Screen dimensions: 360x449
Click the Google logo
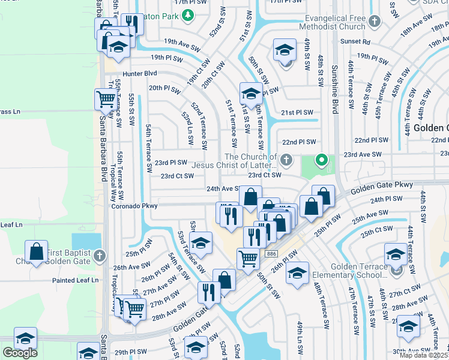click(x=20, y=353)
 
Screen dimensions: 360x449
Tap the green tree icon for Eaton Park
click(x=188, y=14)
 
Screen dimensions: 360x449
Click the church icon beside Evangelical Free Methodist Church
click(x=374, y=22)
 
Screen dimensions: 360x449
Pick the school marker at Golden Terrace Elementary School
click(x=396, y=254)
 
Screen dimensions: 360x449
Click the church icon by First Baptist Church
click(x=100, y=256)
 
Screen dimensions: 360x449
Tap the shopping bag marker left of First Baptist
click(x=37, y=251)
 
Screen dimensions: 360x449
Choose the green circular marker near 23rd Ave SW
click(x=322, y=160)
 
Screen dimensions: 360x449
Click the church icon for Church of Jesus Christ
click(x=287, y=160)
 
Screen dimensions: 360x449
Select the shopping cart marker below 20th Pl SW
click(x=106, y=99)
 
